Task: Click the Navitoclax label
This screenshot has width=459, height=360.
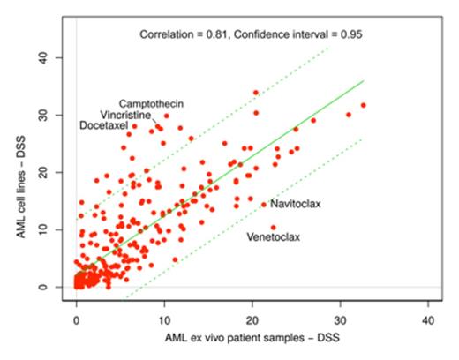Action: [x=296, y=205]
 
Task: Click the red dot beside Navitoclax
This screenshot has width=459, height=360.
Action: [x=263, y=205]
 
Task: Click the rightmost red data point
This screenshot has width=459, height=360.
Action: [x=364, y=105]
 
